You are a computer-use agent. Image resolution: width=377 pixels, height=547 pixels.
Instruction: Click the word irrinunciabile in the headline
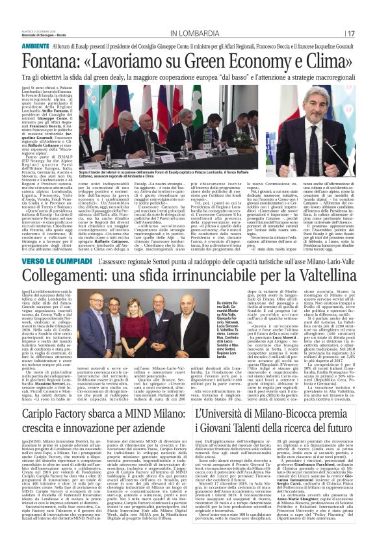[x=221, y=257]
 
